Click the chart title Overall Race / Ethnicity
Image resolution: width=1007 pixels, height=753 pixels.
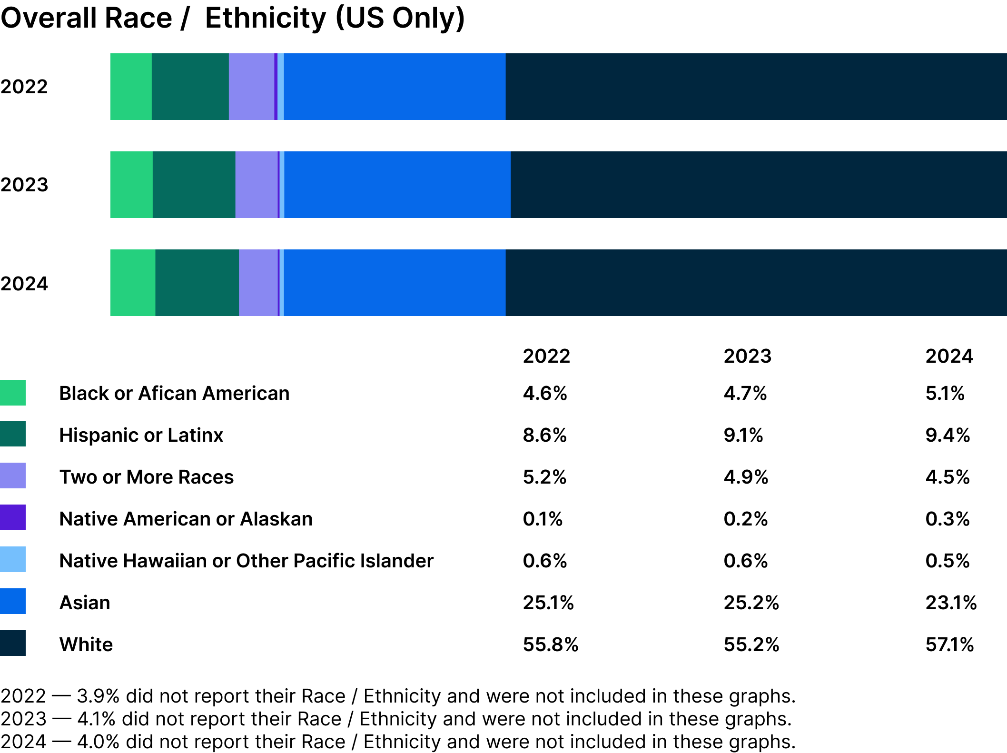tap(232, 18)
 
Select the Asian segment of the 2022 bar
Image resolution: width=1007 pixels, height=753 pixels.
tap(395, 87)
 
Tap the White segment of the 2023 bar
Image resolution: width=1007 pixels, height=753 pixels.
tap(758, 185)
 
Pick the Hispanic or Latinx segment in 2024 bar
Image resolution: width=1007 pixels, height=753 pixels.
tap(197, 283)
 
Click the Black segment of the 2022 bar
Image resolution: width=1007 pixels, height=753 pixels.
tap(131, 87)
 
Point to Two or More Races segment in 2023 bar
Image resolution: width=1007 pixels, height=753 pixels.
tap(257, 185)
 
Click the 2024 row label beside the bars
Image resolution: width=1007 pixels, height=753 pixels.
tap(24, 284)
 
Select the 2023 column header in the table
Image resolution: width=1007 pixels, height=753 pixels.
tap(747, 356)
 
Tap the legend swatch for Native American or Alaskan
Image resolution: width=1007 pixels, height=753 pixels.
tap(13, 518)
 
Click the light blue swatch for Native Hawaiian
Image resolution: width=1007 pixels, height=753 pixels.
tap(13, 560)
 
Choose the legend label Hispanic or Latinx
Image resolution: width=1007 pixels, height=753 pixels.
tap(141, 435)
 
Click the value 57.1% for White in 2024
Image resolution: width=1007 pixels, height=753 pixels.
tap(949, 644)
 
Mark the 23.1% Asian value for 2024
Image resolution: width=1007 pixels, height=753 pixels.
tap(950, 603)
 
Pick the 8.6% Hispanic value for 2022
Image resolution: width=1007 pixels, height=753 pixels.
tap(544, 435)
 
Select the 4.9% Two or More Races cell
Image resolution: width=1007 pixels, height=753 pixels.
tap(746, 477)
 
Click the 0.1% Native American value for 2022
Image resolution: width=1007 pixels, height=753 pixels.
tap(543, 519)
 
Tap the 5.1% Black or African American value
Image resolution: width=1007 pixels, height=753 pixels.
tap(945, 393)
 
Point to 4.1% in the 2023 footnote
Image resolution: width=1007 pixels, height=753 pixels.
tap(96, 719)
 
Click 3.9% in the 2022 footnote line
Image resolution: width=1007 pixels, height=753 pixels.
tap(98, 696)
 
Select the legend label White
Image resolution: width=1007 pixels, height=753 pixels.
tap(86, 644)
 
